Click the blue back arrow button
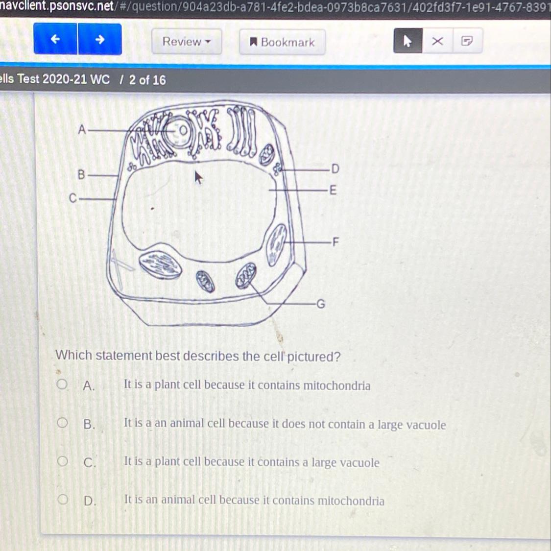pos(55,39)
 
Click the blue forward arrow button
pos(100,39)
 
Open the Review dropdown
pos(187,42)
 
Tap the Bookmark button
pos(282,42)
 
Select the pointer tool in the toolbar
pos(407,41)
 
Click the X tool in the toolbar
pos(437,41)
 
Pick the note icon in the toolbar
pos(467,41)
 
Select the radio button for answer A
pos(62,384)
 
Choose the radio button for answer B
pos(62,422)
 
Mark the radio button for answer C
pos(63,461)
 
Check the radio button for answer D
pos(63,499)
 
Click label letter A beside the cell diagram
pos(82,130)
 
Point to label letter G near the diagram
pos(321,304)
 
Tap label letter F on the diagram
pos(335,242)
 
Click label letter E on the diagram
pos(333,190)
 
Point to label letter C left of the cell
pos(73,198)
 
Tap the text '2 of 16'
pos(147,80)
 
